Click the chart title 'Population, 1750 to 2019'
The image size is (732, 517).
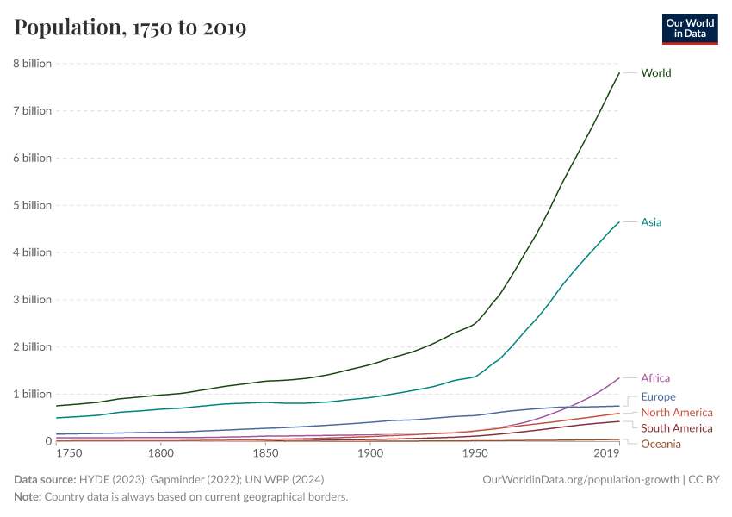tap(130, 28)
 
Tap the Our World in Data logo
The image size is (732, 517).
tap(689, 28)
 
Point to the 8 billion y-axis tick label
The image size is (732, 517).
tap(32, 64)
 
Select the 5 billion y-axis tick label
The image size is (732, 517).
tap(32, 205)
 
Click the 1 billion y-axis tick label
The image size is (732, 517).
tap(32, 394)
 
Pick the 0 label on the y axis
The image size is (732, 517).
tap(48, 441)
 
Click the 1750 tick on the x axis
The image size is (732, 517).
tap(68, 453)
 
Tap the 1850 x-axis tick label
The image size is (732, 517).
tap(265, 453)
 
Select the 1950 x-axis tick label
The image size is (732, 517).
tap(475, 453)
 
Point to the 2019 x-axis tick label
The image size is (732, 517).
tap(606, 453)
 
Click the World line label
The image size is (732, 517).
tap(656, 73)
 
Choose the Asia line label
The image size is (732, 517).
tap(651, 222)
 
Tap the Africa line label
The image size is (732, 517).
tap(655, 378)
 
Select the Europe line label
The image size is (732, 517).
tap(659, 397)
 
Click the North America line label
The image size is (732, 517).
tap(677, 413)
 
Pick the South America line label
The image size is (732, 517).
tap(677, 428)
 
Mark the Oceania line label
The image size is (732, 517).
tap(661, 444)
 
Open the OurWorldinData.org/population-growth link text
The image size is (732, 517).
tap(580, 479)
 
